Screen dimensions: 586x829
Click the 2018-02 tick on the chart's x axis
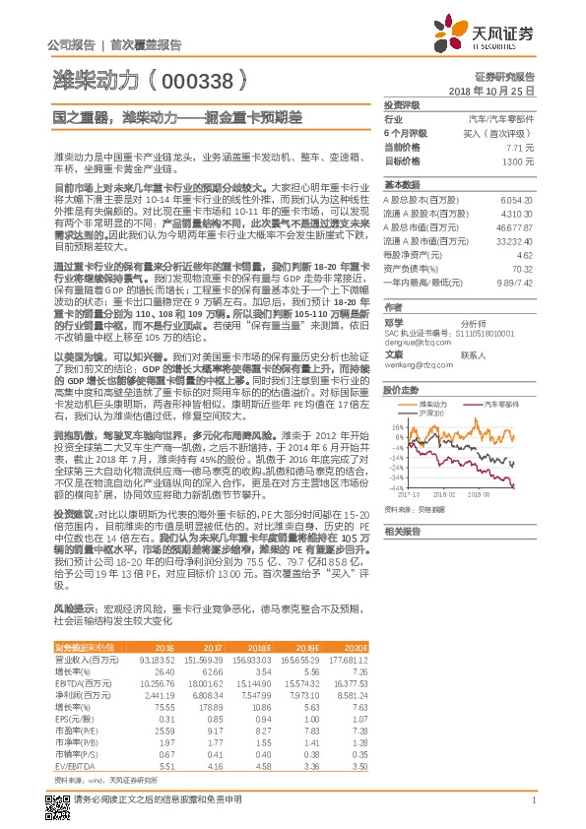click(x=444, y=496)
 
